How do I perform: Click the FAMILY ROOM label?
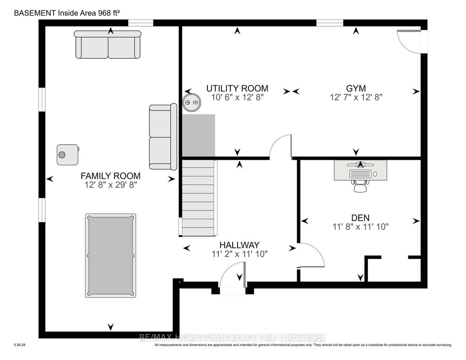point(111,176)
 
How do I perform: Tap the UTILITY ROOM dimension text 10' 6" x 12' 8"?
point(237,98)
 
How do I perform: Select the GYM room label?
point(356,88)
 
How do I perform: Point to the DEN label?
point(360,218)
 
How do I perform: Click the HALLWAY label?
point(239,245)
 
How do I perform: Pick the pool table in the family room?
point(111,256)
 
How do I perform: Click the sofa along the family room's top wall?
point(107,45)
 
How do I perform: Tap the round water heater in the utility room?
point(192,103)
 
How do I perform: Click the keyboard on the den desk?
point(360,174)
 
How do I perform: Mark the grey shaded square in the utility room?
point(198,135)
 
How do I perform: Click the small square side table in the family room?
point(68,155)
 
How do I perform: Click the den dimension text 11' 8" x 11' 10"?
point(360,227)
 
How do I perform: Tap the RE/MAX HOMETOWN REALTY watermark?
point(233,338)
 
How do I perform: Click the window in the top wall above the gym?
point(330,23)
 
